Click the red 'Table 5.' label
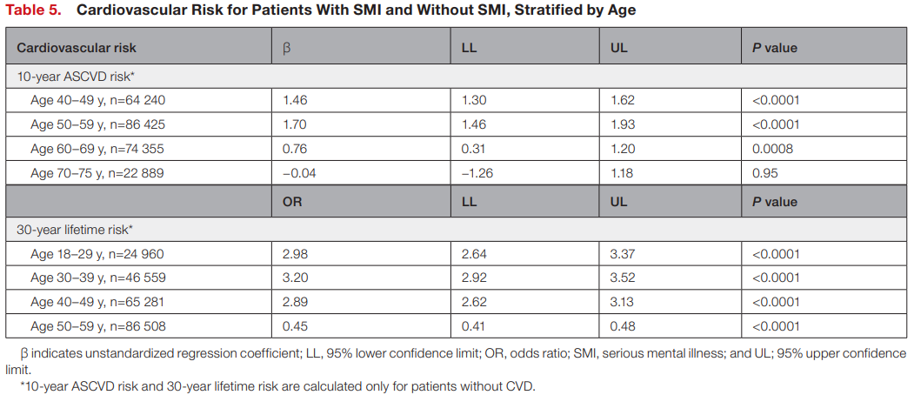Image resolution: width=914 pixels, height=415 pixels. (x=33, y=10)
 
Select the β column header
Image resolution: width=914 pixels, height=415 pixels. (x=286, y=48)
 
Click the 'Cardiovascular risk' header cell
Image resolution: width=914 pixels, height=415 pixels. (x=77, y=48)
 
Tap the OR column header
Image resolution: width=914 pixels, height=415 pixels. (x=292, y=202)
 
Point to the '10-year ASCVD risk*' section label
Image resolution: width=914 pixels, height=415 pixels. (x=76, y=76)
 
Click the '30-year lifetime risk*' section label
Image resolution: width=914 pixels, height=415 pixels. (x=75, y=230)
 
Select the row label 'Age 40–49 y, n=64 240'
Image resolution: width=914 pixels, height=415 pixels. (x=98, y=100)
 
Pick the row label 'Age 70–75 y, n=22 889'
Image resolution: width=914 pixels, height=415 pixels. (x=97, y=173)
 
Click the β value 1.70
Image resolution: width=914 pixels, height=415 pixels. (x=294, y=124)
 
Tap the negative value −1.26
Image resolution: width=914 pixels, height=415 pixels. (x=476, y=173)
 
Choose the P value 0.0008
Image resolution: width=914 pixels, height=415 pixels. (x=772, y=149)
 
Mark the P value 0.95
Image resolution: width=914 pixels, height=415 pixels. (x=764, y=173)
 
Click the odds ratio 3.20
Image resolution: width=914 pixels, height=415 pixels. (x=294, y=278)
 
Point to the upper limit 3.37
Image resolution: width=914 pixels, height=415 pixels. (x=623, y=254)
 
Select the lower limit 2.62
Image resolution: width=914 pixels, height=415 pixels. (x=474, y=302)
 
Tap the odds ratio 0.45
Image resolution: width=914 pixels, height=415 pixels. (x=294, y=326)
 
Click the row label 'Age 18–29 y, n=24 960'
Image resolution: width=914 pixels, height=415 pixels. (x=97, y=254)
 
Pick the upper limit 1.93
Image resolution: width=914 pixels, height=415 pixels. (x=623, y=124)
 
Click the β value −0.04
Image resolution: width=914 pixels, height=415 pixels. (x=299, y=173)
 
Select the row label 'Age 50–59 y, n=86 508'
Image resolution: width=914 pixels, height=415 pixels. (x=98, y=326)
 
